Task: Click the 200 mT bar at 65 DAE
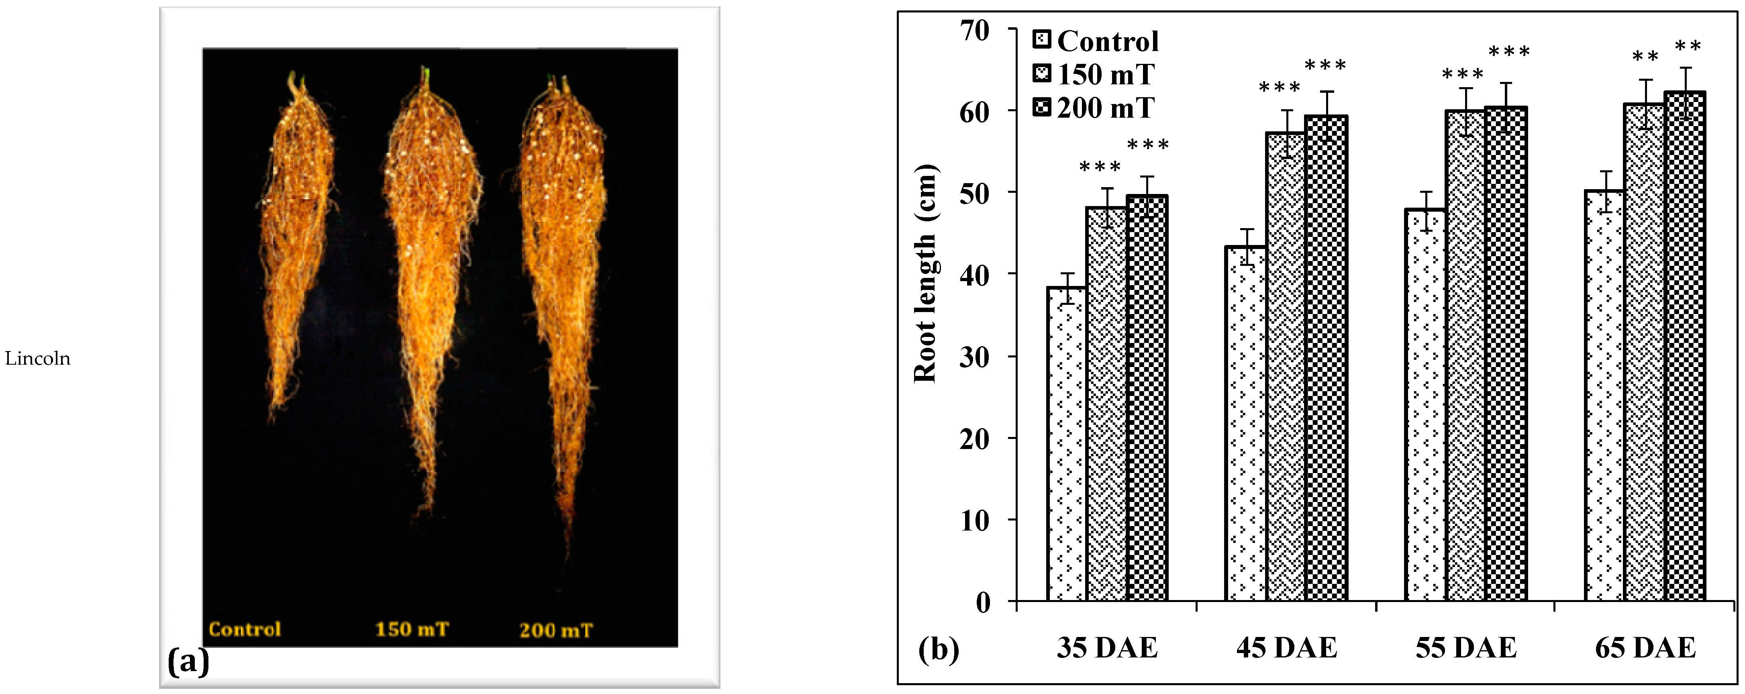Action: (x=1685, y=346)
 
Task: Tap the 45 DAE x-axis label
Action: (x=1286, y=649)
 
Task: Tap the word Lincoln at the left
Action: (x=38, y=359)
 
